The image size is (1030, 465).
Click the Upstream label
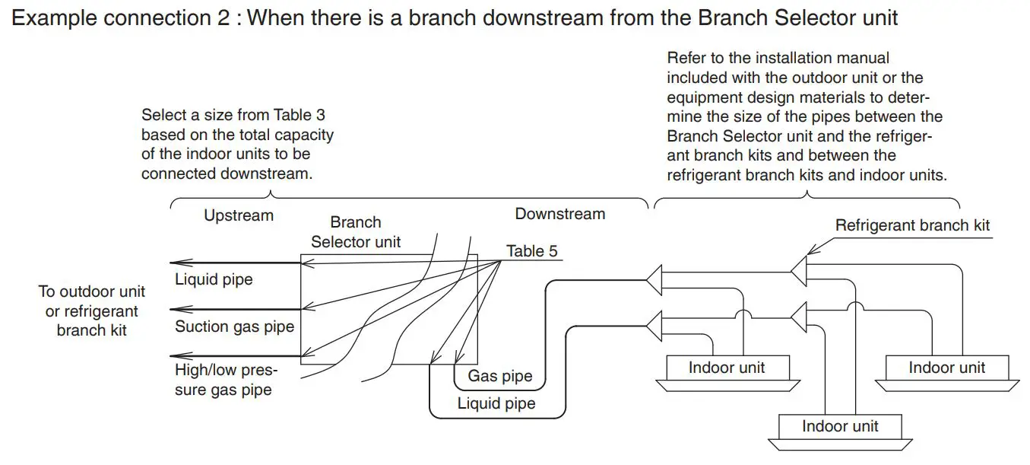tap(238, 215)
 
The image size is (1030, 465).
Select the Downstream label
tap(559, 214)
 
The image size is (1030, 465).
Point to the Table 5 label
tap(531, 251)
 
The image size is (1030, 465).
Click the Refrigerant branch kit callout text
tap(912, 225)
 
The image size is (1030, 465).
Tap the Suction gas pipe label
tap(234, 326)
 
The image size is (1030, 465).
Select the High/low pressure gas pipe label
tap(226, 380)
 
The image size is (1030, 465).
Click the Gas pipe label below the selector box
tap(499, 376)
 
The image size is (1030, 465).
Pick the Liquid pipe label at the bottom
tap(496, 403)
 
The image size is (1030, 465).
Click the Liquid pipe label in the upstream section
tap(214, 279)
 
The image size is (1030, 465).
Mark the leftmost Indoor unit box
tap(726, 368)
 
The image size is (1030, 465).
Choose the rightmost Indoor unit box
tap(946, 368)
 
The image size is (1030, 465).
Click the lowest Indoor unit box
tap(839, 426)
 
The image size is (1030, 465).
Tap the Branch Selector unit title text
tap(355, 232)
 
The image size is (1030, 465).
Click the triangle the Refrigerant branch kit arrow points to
tap(798, 271)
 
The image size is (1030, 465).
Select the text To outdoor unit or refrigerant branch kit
tap(91, 311)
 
